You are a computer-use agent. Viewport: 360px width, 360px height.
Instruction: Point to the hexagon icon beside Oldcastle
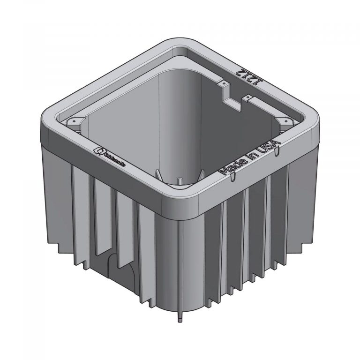tap(99, 150)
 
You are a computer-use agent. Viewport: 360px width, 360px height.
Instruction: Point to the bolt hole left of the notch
tap(224, 84)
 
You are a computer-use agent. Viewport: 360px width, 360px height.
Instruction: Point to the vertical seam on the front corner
tap(180, 262)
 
